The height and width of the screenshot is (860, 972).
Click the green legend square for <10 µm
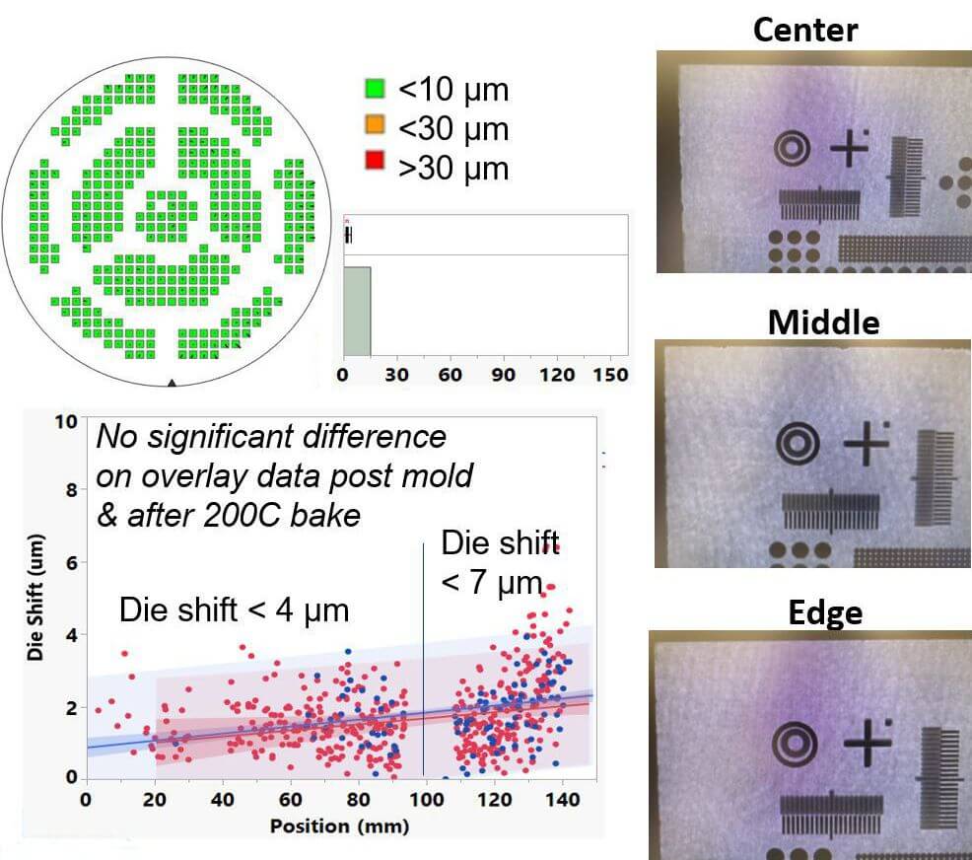coord(374,90)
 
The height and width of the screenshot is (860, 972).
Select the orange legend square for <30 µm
coord(374,128)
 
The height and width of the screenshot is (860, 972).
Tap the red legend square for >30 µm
coord(374,167)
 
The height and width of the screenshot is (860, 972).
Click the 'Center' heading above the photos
coord(804,29)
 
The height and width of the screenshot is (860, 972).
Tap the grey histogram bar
coord(356,311)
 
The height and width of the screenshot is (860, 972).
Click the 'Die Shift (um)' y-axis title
coord(35,592)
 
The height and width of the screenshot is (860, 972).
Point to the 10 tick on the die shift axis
coord(67,422)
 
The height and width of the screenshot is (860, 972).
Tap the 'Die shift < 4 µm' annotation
coord(234,609)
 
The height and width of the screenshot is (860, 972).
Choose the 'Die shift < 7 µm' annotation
coord(493,562)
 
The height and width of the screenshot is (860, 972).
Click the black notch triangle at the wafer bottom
coord(173,382)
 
